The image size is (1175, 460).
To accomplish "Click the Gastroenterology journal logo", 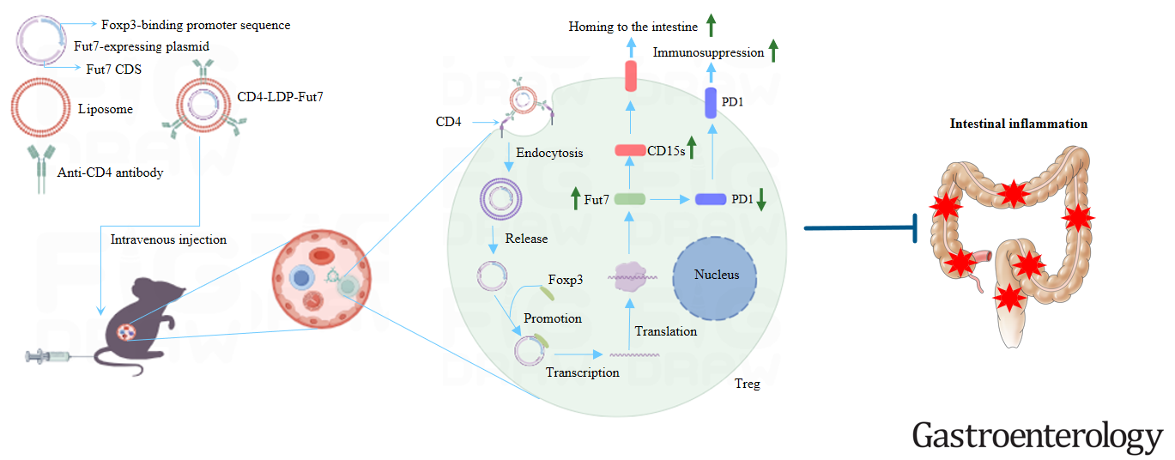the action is [x=1037, y=436].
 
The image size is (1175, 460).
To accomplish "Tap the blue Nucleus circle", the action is [x=715, y=279].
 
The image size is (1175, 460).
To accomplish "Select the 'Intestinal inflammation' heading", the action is [x=1018, y=124].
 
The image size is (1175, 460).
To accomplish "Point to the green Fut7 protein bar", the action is [x=629, y=199].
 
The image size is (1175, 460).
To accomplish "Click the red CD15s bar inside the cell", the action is [x=630, y=150].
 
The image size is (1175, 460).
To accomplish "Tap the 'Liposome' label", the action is [x=106, y=109].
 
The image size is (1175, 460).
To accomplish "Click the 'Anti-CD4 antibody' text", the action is [x=110, y=172].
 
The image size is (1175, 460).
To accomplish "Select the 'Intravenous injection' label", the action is [x=168, y=239].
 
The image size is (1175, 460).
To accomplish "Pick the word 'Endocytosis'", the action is [x=549, y=153].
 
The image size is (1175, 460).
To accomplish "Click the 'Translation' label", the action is [x=666, y=331].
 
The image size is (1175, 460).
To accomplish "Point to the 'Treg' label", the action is [x=747, y=384].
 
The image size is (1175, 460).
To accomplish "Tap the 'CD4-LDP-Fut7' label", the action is [x=280, y=97].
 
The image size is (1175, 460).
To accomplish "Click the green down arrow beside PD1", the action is [x=761, y=200].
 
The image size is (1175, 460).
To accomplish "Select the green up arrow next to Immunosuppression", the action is [x=773, y=51].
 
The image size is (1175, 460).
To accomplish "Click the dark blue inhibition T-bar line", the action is [x=861, y=228].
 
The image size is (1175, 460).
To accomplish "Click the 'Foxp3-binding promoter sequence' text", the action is [x=196, y=25].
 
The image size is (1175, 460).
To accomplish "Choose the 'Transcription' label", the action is [x=582, y=372].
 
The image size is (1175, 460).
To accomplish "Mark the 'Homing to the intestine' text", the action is [x=633, y=27].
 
